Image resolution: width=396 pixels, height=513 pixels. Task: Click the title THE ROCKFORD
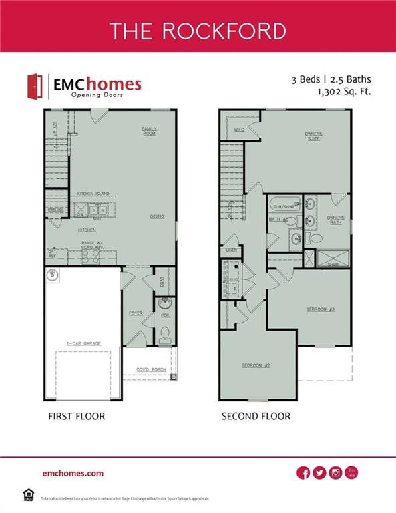pos(198,31)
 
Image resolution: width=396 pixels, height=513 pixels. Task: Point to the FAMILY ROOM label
pos(148,130)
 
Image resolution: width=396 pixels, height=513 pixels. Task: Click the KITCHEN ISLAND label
pos(93,194)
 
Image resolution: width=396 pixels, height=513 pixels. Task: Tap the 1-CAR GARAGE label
pos(83,343)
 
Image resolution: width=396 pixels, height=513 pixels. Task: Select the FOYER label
pos(136,313)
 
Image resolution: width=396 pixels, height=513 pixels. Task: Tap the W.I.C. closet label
pos(239,130)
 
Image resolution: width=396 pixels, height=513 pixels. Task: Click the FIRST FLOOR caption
pos(75,416)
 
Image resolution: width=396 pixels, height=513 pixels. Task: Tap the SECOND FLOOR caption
pos(256,416)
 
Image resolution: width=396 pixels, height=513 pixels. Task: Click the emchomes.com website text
pos(72,473)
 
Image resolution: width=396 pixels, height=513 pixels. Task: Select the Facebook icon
pos(303,473)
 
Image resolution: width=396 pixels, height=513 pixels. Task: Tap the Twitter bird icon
pos(319,473)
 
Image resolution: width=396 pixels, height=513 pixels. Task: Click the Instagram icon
pos(335,473)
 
